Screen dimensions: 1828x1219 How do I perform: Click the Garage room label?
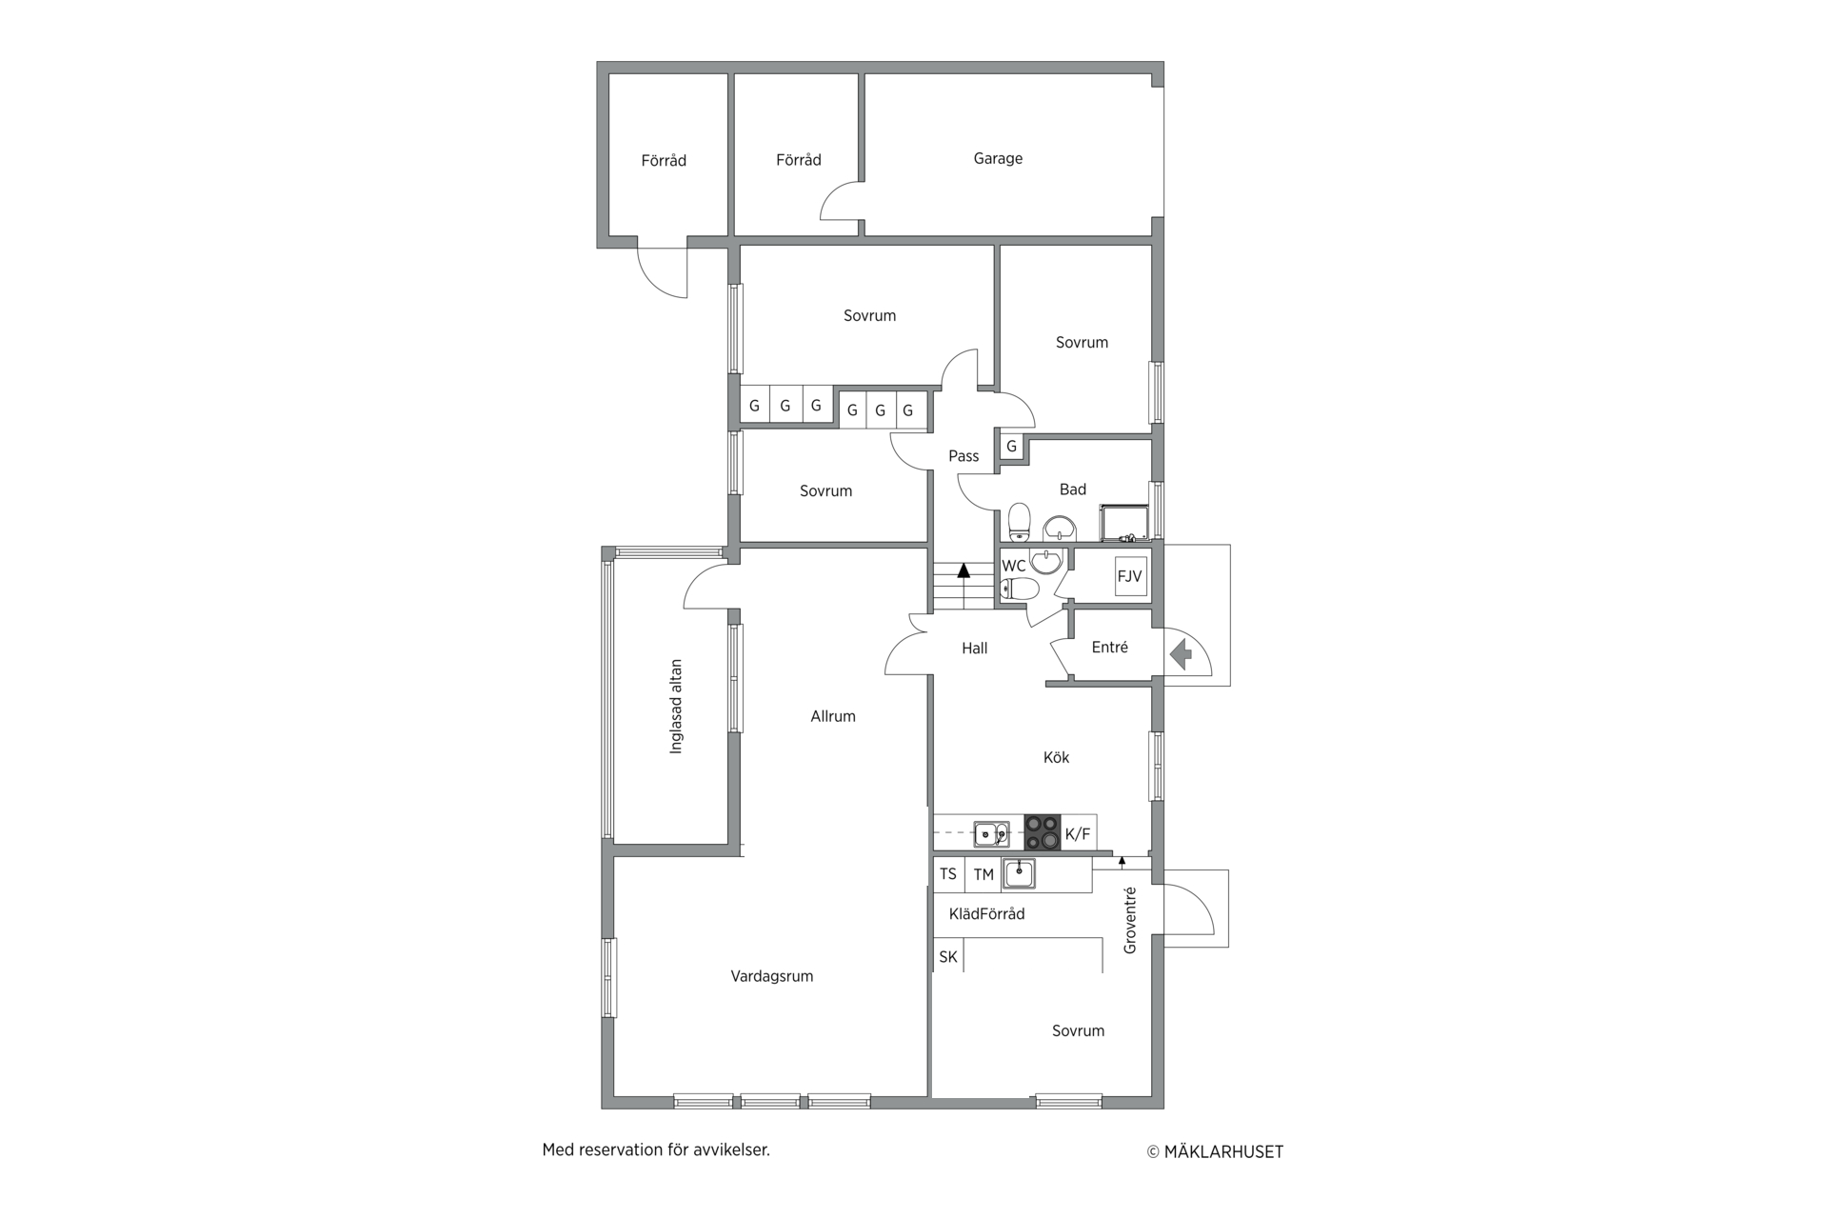pyautogui.click(x=998, y=158)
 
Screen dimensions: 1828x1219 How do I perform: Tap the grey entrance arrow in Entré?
pyautogui.click(x=1181, y=654)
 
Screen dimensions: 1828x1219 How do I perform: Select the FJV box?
pyautogui.click(x=1130, y=576)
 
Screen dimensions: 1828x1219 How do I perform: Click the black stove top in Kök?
pyautogui.click(x=1042, y=832)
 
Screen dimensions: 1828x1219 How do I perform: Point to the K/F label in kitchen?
pyautogui.click(x=1078, y=834)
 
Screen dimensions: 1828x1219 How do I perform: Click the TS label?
pyautogui.click(x=948, y=873)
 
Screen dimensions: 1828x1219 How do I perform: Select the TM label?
pyautogui.click(x=984, y=874)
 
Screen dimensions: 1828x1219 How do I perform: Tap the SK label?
pyautogui.click(x=948, y=956)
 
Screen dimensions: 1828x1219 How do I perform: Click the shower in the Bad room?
pyautogui.click(x=1125, y=522)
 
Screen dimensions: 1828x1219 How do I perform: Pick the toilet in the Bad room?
pyautogui.click(x=1020, y=522)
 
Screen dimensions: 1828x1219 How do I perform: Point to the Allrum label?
pyautogui.click(x=833, y=716)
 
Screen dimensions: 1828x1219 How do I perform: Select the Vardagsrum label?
pyautogui.click(x=772, y=976)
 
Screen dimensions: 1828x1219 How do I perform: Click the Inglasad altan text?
pyautogui.click(x=676, y=707)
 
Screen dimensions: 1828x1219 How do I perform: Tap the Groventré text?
pyautogui.click(x=1130, y=920)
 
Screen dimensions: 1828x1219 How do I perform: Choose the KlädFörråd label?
pyautogui.click(x=986, y=914)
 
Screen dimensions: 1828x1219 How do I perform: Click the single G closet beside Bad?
pyautogui.click(x=1011, y=446)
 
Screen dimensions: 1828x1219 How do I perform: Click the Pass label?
pyautogui.click(x=964, y=456)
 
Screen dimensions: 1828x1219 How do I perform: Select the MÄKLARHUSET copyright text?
pyautogui.click(x=1215, y=1151)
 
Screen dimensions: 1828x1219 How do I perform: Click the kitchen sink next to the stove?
pyautogui.click(x=991, y=834)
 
